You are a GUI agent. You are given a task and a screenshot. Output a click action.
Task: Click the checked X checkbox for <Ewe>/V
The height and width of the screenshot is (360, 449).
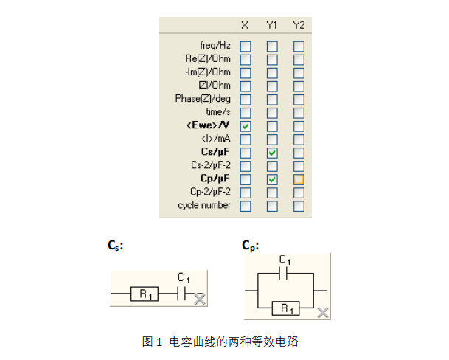(x=246, y=126)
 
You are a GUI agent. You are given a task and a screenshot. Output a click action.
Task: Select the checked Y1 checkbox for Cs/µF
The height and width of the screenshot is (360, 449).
(x=272, y=153)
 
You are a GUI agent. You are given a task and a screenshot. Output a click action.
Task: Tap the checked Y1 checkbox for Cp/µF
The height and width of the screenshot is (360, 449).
(x=272, y=179)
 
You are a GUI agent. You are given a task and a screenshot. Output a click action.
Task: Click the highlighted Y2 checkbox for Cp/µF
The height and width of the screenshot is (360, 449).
(x=299, y=179)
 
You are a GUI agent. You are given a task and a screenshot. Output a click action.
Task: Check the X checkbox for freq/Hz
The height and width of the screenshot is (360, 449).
(x=246, y=46)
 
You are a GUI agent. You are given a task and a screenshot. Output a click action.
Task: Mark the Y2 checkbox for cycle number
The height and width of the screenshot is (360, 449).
(x=299, y=206)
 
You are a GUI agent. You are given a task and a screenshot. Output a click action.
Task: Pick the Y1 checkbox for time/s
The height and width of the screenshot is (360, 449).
(x=272, y=113)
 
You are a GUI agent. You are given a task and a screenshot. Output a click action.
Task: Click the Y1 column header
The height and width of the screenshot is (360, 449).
(x=272, y=26)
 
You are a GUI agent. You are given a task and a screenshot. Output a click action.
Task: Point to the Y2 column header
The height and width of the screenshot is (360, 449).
(x=299, y=26)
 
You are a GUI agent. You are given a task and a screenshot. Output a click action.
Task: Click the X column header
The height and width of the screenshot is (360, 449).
(x=245, y=26)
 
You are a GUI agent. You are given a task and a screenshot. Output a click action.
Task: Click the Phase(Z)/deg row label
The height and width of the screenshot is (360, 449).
(x=203, y=99)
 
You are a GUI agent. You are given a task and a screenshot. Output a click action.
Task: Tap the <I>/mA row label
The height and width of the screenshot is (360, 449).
(x=216, y=139)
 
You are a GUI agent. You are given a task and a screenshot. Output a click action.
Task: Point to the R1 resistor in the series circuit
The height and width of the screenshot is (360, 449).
(x=145, y=294)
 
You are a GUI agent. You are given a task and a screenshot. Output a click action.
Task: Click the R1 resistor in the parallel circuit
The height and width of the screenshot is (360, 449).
(x=287, y=308)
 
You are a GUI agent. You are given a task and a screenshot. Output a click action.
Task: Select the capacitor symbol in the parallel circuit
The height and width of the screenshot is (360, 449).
(x=285, y=274)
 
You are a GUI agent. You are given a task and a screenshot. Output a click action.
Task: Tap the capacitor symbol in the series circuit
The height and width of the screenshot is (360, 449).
(x=184, y=294)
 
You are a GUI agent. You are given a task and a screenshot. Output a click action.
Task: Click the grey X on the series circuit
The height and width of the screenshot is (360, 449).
(x=199, y=298)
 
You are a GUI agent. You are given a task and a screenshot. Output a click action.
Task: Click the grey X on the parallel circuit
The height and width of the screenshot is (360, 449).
(x=322, y=313)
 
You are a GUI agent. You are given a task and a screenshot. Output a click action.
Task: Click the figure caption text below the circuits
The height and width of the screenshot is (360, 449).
(x=220, y=342)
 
